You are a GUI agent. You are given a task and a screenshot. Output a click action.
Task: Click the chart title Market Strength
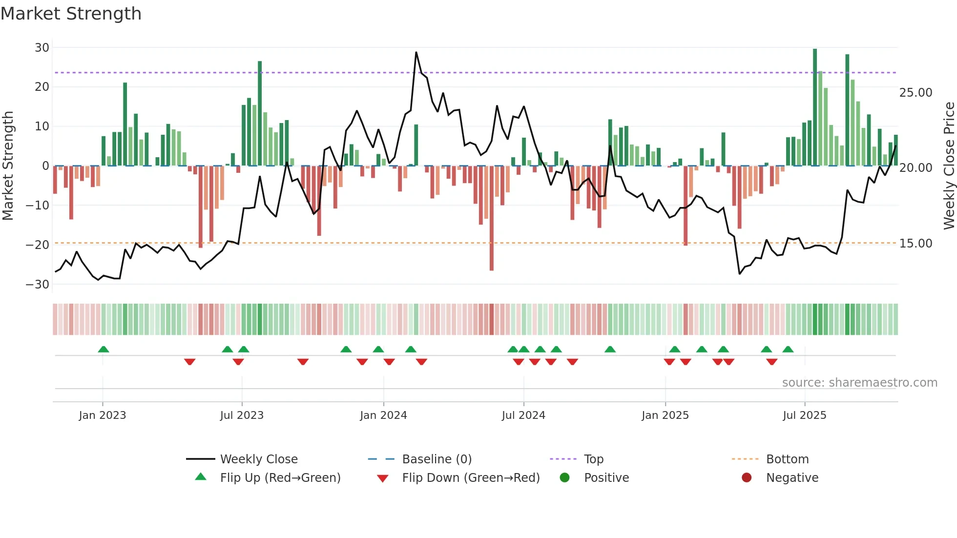pyautogui.click(x=71, y=14)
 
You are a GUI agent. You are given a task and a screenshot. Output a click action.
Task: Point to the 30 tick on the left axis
pyautogui.click(x=42, y=48)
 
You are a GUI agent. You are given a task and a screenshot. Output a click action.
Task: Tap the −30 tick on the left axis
pyautogui.click(x=38, y=285)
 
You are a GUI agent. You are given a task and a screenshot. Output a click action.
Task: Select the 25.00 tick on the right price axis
pyautogui.click(x=915, y=93)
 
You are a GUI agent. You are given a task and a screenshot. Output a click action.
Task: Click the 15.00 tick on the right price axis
pyautogui.click(x=915, y=244)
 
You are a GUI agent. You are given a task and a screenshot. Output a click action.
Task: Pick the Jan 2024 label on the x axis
pyautogui.click(x=383, y=415)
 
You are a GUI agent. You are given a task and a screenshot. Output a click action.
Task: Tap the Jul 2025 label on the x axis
pyautogui.click(x=804, y=415)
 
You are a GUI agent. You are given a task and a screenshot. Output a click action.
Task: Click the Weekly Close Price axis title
pyautogui.click(x=949, y=166)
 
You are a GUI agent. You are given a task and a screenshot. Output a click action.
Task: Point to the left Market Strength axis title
pyautogui.click(x=8, y=166)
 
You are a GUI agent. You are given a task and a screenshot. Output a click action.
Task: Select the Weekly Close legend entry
pyautogui.click(x=258, y=459)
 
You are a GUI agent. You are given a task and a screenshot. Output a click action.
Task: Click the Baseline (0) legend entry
pyautogui.click(x=437, y=459)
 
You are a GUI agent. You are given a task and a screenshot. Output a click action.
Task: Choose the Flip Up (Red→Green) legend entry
pyautogui.click(x=280, y=478)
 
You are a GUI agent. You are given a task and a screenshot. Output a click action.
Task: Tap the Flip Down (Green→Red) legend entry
pyautogui.click(x=471, y=478)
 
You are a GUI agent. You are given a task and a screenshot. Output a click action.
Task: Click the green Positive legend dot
pyautogui.click(x=565, y=478)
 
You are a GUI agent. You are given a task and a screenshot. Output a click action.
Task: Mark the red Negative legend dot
pyautogui.click(x=747, y=478)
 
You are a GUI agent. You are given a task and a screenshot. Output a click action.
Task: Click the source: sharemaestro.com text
pyautogui.click(x=859, y=383)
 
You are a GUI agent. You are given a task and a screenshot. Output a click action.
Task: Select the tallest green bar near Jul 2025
pyautogui.click(x=815, y=107)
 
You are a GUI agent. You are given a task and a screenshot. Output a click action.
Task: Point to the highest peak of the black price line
pyautogui.click(x=416, y=53)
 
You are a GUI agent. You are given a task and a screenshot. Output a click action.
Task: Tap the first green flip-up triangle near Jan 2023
pyautogui.click(x=104, y=349)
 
